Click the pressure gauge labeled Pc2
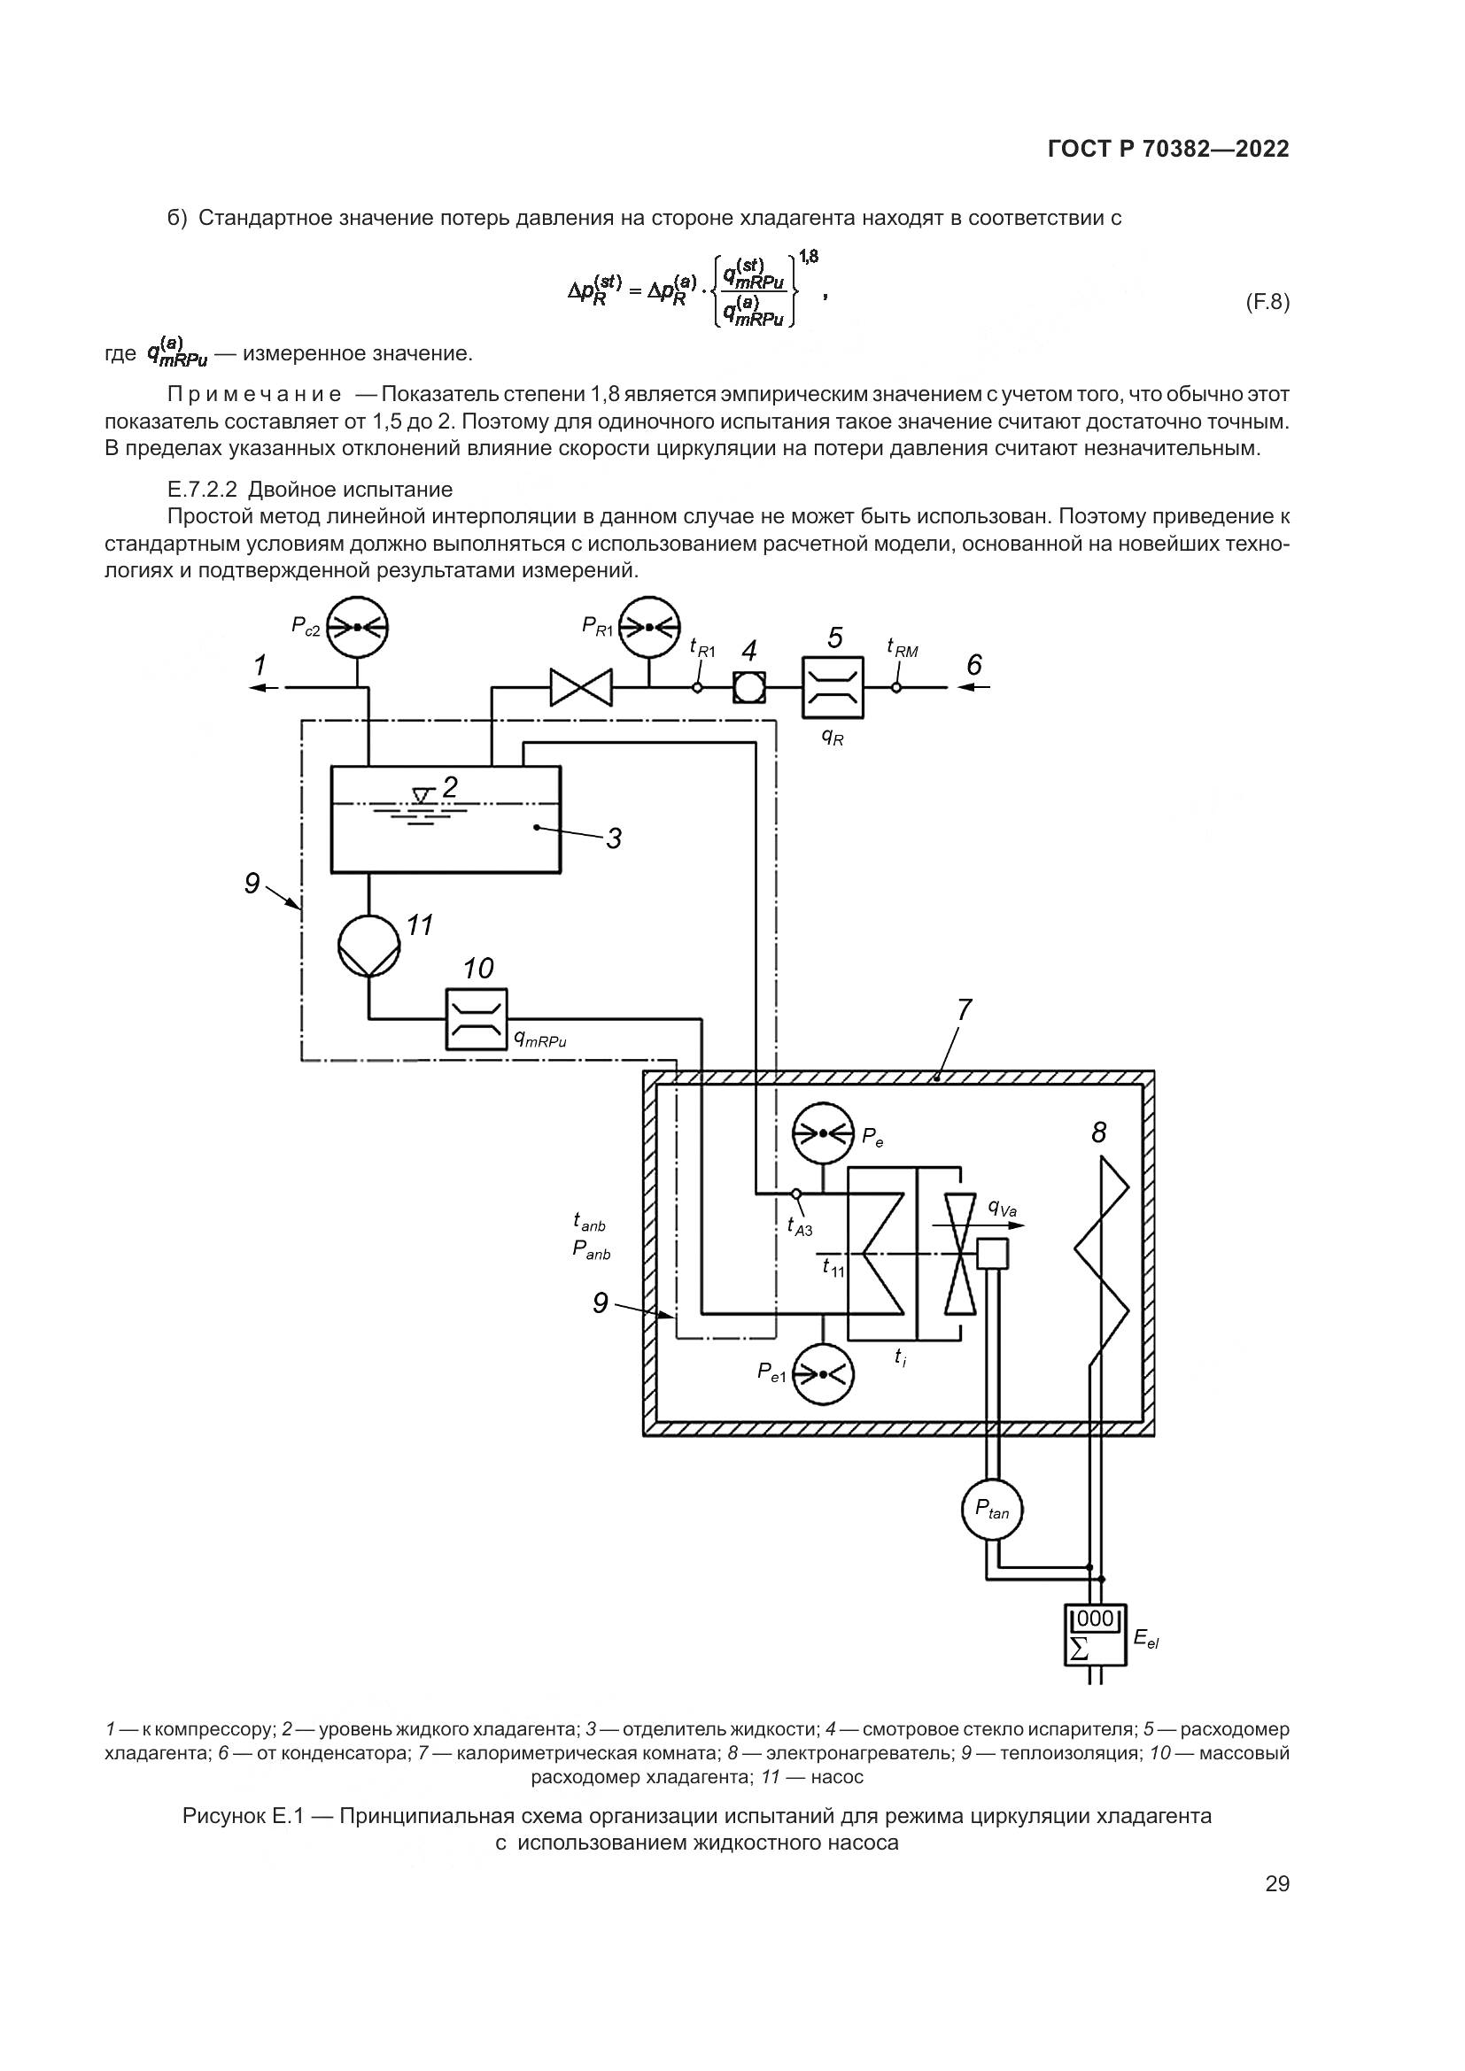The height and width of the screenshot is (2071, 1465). [357, 627]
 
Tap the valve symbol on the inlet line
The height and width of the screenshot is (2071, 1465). [581, 687]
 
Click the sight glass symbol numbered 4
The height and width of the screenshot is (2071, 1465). [748, 687]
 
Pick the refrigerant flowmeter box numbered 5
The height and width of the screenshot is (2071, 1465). [833, 687]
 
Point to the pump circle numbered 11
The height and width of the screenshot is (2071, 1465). [368, 945]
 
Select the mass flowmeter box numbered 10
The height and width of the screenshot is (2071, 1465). [477, 1019]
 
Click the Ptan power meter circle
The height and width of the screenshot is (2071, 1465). [991, 1509]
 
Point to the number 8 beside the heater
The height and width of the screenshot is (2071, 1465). [1097, 1132]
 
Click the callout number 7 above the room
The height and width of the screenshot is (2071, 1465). [964, 1010]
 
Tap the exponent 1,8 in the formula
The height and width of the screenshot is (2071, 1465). [808, 257]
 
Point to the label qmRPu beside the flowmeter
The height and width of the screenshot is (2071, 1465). [539, 1040]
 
